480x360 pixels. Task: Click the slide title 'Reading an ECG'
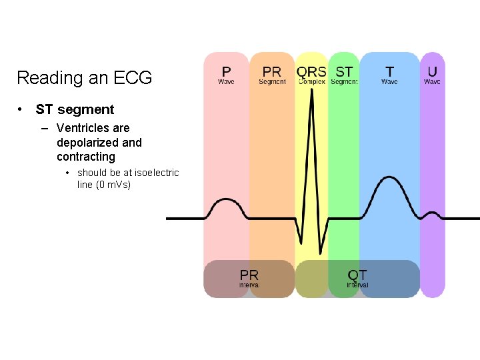pos(84,78)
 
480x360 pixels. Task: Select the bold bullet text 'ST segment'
pos(75,109)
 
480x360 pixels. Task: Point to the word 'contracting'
pos(86,157)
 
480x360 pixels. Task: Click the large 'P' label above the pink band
pos(227,71)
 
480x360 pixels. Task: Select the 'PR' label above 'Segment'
pos(272,71)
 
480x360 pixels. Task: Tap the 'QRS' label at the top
pos(311,71)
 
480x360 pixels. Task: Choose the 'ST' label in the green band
pos(344,71)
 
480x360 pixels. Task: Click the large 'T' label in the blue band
pos(389,71)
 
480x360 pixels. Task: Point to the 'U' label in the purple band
pos(433,71)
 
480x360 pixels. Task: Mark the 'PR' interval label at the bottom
pos(249,275)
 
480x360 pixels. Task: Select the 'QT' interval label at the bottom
pos(357,275)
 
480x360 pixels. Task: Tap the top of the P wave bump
pos(227,199)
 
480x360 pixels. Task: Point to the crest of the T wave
pos(390,177)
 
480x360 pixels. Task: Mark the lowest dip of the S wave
pos(321,253)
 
